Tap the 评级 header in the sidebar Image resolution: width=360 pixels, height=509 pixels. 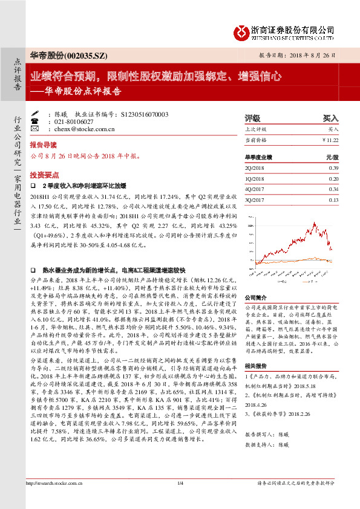point(252,118)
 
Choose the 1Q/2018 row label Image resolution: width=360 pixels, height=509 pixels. point(256,178)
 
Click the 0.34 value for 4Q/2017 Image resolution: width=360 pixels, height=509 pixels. point(333,189)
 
